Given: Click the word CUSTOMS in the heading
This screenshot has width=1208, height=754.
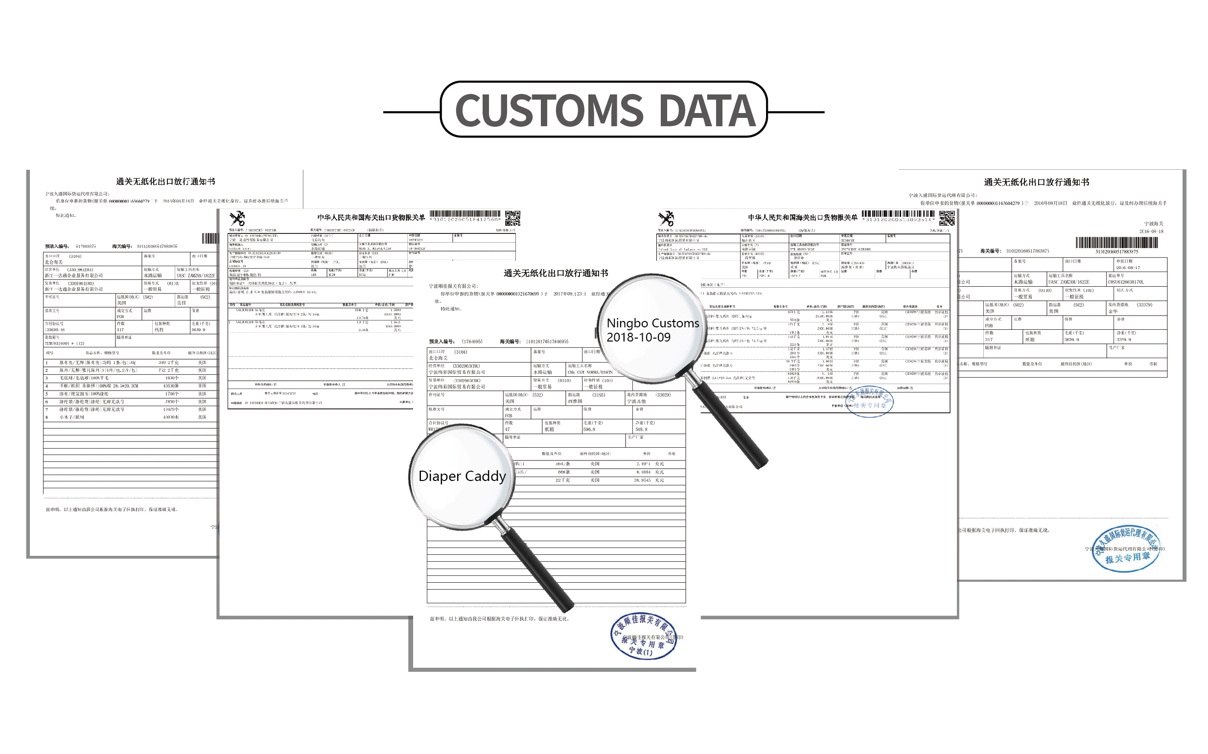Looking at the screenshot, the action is coord(549,111).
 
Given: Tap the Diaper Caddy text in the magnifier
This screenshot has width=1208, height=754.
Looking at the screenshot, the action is coord(462,476).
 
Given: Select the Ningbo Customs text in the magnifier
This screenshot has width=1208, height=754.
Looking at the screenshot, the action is coord(652,323).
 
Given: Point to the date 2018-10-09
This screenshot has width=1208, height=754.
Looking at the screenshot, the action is coord(638,338).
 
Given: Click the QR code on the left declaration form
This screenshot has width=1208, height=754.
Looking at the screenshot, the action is coord(512,218).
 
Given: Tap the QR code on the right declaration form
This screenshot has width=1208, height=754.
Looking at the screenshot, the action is coord(947,218).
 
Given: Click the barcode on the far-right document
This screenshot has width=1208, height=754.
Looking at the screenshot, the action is coord(1116,243).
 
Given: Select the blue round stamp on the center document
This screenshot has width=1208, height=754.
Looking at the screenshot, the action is coord(644,636).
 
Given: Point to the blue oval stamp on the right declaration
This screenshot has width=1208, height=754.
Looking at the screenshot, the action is coord(868,402).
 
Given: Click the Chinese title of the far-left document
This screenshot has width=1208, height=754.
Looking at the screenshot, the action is coord(165,182).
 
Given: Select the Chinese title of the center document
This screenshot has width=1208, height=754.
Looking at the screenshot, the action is coord(556,274).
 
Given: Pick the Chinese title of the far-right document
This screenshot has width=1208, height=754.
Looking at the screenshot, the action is coord(1036,183).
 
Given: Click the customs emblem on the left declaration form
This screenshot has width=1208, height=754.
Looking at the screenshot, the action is coord(237,218).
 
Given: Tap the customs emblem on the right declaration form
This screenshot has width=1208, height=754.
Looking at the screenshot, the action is coord(666,218).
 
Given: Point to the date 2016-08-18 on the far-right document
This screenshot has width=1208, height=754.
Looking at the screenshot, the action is coord(1151,231).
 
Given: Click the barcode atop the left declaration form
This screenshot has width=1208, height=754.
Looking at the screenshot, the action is coord(465,214).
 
